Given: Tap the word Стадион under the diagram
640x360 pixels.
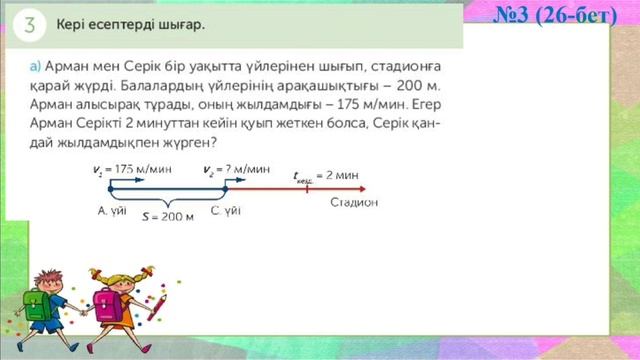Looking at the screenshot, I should tap(354, 203).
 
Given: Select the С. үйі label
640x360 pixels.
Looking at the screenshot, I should tap(225, 210).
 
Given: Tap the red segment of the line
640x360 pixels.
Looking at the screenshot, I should tap(300, 188).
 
